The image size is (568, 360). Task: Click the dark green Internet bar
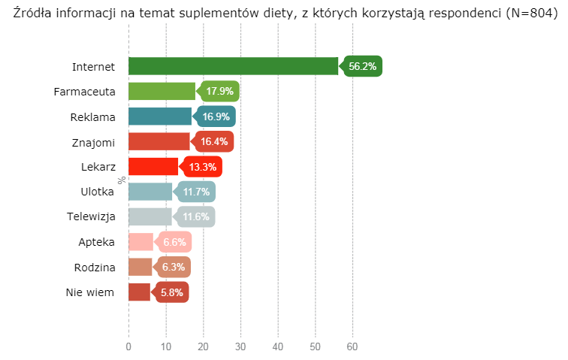[233, 66]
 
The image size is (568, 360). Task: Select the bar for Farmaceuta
[162, 91]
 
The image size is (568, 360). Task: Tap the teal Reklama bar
[160, 116]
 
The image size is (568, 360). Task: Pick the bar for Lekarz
[153, 166]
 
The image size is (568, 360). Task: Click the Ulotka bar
[150, 192]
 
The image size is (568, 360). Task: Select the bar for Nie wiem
[139, 292]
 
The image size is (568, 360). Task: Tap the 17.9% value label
[219, 91]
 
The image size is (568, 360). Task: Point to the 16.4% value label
[214, 141]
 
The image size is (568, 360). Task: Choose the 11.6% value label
[196, 216]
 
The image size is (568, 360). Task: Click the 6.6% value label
[174, 242]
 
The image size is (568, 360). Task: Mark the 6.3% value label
[174, 267]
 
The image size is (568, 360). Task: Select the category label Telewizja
[90, 216]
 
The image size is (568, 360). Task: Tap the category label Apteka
[96, 242]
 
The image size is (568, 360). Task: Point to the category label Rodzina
[94, 267]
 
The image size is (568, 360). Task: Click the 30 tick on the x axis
[240, 346]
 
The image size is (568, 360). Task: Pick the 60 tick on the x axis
[352, 346]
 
